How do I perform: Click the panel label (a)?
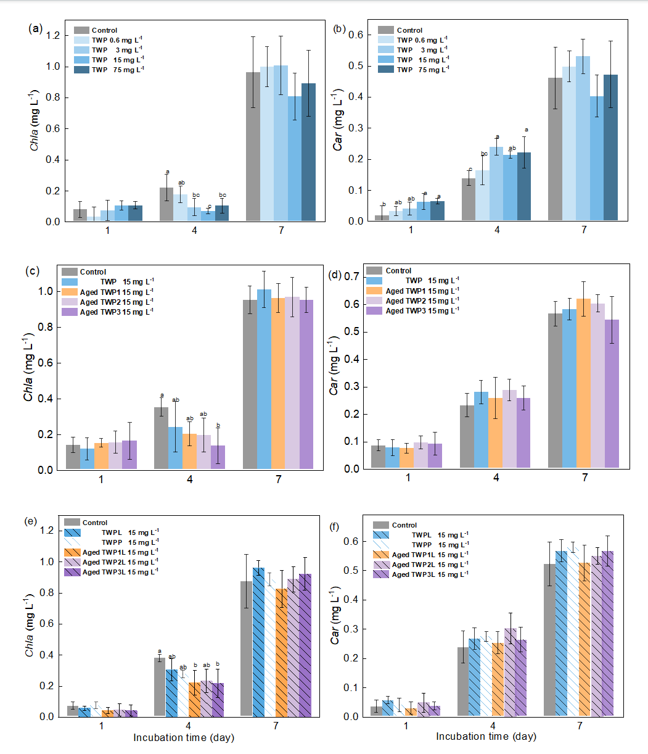coord(35,28)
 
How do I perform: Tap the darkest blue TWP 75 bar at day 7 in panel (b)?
coord(610,148)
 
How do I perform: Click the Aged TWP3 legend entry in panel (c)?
coord(107,312)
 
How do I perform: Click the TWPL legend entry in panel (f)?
coord(419,535)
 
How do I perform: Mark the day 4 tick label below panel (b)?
coord(497,230)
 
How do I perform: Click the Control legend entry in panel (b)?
coord(400,30)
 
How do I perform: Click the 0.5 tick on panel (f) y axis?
coord(358,570)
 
